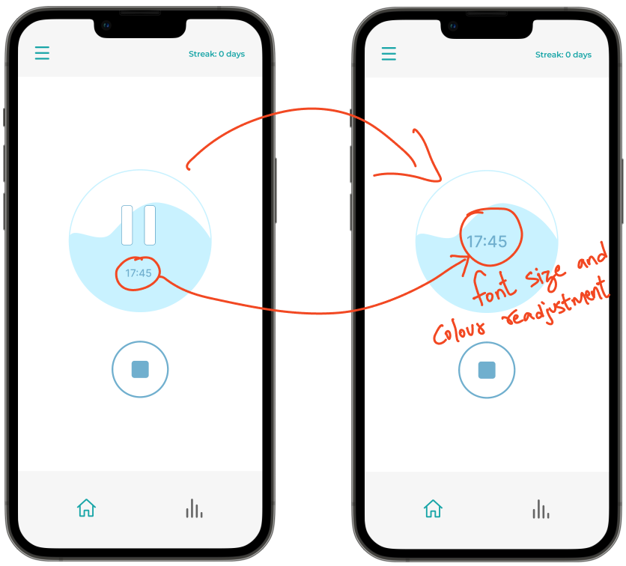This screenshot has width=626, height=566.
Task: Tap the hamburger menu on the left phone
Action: click(x=42, y=53)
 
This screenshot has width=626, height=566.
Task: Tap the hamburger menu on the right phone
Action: click(x=389, y=54)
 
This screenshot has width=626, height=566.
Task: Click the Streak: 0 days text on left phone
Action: click(x=216, y=54)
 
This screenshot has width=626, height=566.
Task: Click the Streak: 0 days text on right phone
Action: click(x=563, y=55)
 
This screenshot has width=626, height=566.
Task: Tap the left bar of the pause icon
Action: click(x=127, y=225)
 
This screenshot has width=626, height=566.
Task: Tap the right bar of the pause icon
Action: click(x=150, y=225)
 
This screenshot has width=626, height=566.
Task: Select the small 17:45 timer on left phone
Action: click(x=138, y=273)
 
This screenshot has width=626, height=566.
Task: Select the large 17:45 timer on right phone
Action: click(x=487, y=242)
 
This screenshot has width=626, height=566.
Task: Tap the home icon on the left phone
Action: click(x=86, y=508)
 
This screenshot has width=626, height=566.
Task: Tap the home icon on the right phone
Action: click(x=433, y=508)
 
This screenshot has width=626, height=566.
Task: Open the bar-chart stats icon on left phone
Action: click(x=194, y=508)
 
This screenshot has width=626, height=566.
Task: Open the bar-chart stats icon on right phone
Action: click(x=541, y=509)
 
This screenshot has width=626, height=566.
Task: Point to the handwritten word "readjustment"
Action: click(x=555, y=302)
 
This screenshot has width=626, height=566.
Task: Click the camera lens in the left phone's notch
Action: click(x=106, y=25)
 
